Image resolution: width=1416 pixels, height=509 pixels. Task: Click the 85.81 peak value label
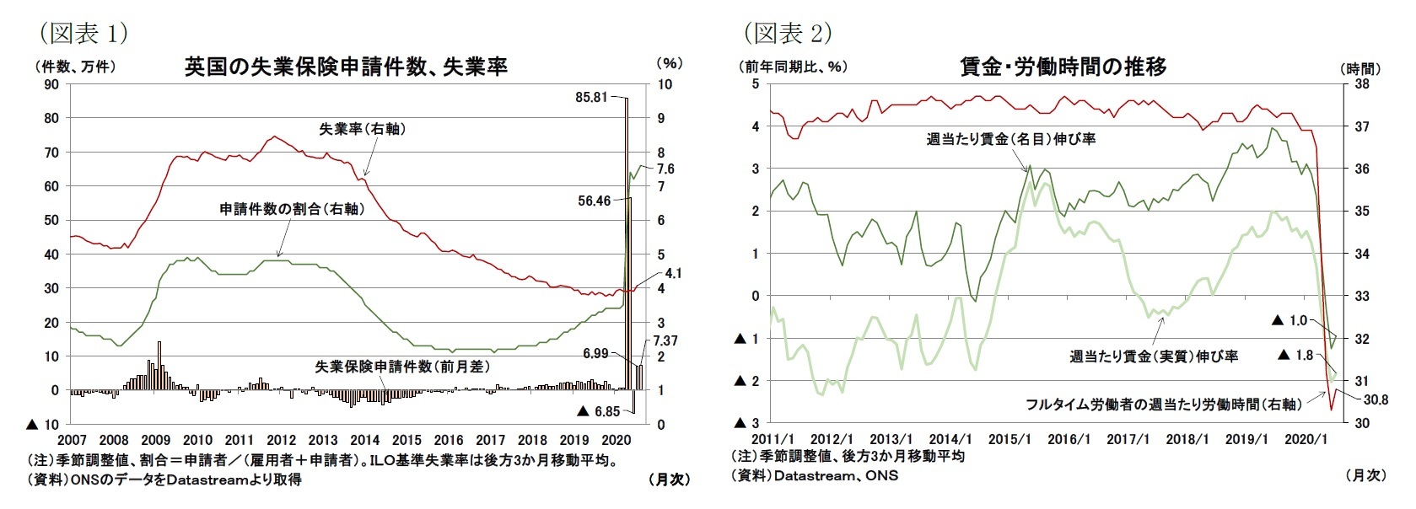tap(590, 97)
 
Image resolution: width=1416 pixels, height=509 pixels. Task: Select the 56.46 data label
tap(594, 201)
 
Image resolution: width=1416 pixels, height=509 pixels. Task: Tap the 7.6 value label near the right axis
tap(665, 169)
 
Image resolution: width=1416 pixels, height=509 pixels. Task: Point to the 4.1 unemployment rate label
tap(673, 273)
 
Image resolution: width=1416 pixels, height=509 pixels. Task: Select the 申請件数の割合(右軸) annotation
tap(292, 209)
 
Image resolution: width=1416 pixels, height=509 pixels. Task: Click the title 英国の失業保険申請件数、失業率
tap(346, 67)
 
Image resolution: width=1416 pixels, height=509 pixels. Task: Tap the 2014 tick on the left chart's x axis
tap(364, 440)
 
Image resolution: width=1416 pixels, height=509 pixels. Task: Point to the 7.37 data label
tap(665, 340)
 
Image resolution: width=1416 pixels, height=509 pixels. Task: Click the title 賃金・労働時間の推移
tap(1063, 67)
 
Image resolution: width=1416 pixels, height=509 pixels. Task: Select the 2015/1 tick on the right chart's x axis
tap(1010, 440)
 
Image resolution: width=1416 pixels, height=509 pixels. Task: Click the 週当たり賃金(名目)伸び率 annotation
tap(1010, 139)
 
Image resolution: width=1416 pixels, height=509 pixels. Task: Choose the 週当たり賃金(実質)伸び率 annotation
tap(1154, 356)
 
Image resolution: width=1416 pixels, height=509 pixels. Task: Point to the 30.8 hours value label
tap(1376, 399)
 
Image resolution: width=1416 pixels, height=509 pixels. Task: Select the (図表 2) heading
tap(788, 33)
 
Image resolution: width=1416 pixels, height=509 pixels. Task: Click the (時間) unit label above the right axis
tap(1360, 68)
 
